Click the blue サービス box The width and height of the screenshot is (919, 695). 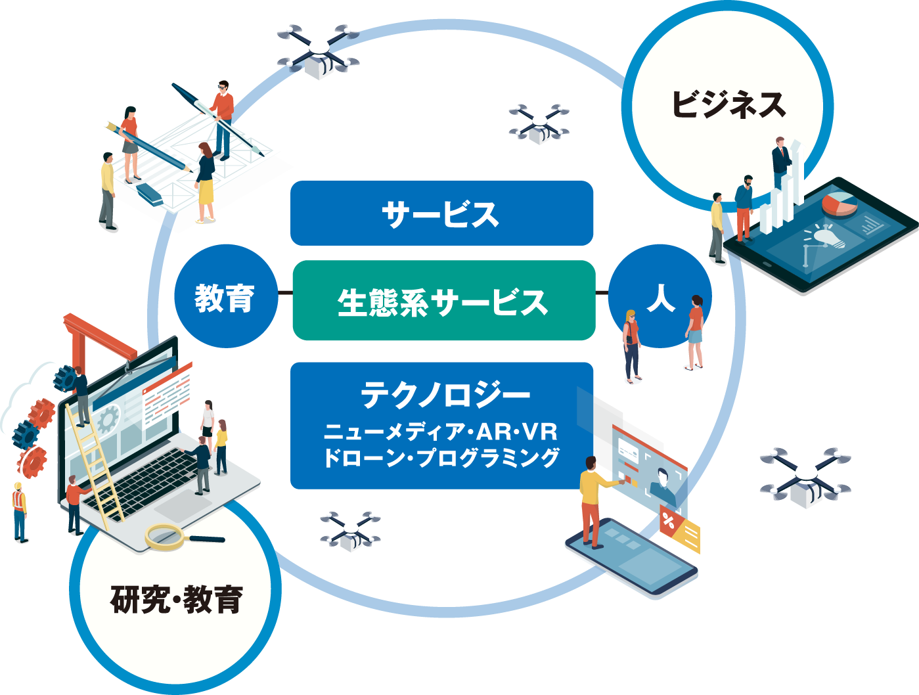[x=441, y=213]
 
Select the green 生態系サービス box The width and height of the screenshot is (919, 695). [x=443, y=301]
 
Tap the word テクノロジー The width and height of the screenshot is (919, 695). [x=445, y=395]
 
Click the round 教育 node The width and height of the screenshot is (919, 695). [x=225, y=297]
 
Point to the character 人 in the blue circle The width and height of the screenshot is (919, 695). [x=661, y=297]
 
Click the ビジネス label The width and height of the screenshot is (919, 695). [x=728, y=104]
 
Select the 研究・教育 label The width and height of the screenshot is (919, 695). [x=176, y=598]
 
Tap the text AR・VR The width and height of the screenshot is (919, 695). [x=517, y=432]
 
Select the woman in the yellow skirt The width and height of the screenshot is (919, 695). [x=205, y=183]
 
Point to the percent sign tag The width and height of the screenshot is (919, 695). [x=668, y=522]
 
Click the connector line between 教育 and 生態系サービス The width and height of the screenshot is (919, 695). [x=284, y=292]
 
